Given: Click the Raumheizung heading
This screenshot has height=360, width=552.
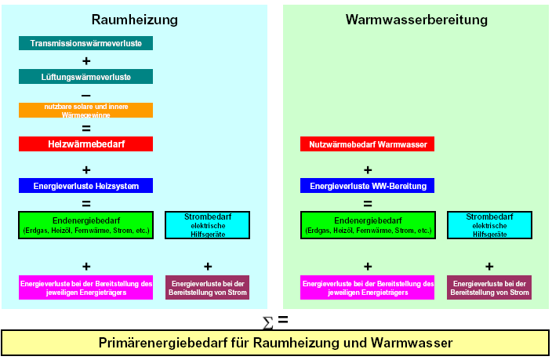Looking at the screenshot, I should pos(134,19).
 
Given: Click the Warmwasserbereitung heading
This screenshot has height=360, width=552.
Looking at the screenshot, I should pos(416,19).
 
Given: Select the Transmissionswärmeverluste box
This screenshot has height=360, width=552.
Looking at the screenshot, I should pos(86,43).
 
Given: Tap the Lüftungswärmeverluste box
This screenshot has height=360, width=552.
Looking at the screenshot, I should pos(86,76).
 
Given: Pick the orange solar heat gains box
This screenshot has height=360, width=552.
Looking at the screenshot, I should pos(86,110).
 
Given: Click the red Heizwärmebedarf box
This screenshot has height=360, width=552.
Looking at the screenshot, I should pos(86,144).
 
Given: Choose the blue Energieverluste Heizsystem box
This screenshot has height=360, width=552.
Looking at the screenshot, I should pos(86,186).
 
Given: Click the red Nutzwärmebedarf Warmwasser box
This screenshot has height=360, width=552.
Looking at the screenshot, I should pos(368,144).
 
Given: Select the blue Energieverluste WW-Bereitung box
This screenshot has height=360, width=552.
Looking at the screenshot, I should pos(368,186).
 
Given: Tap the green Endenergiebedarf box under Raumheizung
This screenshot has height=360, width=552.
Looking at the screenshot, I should pos(86,225).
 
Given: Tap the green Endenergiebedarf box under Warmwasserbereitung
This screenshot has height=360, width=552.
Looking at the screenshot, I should pos(368,225).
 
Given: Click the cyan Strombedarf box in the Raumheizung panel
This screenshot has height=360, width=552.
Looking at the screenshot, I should pos(208,225).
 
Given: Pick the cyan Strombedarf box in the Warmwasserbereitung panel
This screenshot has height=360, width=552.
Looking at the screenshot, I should pos(489,225).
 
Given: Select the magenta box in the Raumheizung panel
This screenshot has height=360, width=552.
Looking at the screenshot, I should pos(86,287).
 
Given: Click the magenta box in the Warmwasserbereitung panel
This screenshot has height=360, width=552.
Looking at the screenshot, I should pos(368,287).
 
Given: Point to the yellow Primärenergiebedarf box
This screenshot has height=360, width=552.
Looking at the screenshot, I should pos(275,343).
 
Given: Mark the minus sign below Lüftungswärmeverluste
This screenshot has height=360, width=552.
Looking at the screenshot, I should pos(86,94).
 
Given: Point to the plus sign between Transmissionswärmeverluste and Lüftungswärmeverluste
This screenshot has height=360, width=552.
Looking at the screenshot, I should pos(86,60).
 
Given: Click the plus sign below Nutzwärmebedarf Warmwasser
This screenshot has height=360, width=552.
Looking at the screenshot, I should pos(368,169).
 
